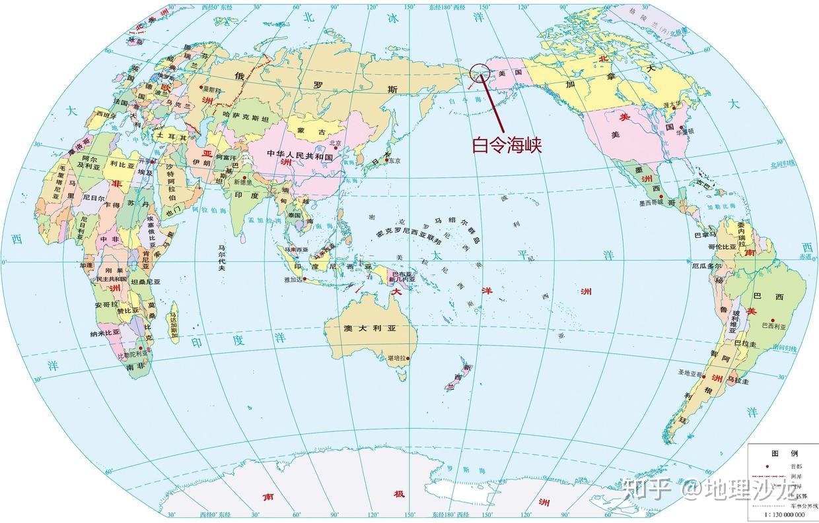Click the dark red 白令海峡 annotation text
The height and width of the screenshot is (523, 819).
(507, 145)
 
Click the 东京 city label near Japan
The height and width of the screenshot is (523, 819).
(395, 161)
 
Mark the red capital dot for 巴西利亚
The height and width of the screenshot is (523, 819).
(771, 321)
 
